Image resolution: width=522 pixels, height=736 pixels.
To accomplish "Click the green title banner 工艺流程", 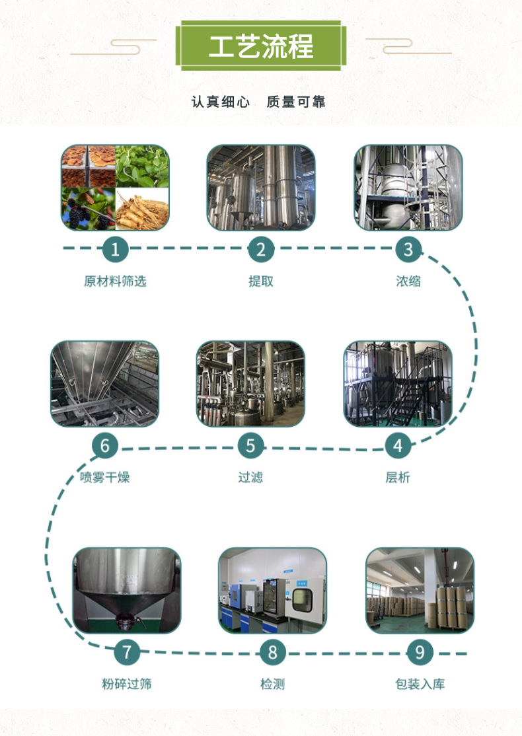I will point(261,46).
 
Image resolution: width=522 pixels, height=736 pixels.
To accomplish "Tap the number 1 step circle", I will point(115,250).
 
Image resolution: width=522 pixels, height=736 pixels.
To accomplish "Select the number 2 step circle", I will point(261,250).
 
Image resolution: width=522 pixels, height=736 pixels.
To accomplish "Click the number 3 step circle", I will point(408,250).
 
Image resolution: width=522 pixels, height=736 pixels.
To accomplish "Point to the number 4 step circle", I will point(398,446).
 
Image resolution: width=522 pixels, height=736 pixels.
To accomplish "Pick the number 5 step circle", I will point(250,446).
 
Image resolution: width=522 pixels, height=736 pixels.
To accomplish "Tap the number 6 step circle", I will point(104,446).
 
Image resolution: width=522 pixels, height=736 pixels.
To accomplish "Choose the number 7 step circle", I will point(127,653).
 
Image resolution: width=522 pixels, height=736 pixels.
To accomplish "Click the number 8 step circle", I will point(272,653).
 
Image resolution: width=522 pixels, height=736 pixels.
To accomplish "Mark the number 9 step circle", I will point(420,653).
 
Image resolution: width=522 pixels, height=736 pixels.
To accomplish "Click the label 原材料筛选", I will point(115,281).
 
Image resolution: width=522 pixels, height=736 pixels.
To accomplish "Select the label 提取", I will point(261,281).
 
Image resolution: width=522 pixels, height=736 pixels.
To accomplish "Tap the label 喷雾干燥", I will point(104,477).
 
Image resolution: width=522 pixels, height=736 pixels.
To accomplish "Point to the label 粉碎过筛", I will point(127,684).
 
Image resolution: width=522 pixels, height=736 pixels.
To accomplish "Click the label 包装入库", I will point(420,684).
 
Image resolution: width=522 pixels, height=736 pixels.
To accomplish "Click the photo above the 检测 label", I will point(272,590).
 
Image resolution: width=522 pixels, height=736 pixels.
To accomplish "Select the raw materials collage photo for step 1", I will point(115,188).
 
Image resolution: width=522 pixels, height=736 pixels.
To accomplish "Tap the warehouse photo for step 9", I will point(420,590).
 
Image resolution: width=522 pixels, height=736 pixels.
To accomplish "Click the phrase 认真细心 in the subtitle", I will point(221,102).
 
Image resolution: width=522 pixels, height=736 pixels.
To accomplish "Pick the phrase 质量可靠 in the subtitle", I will point(296,102).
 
